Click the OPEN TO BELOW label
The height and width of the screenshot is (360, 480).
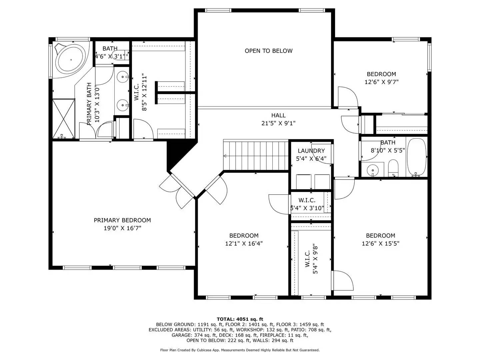point(268,51)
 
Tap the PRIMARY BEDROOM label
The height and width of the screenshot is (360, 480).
point(122,220)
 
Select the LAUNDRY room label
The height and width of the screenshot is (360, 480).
point(311,151)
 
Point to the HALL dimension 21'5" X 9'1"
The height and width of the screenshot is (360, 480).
point(278,123)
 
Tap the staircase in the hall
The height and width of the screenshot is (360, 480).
point(255,156)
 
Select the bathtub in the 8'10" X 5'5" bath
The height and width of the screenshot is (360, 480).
point(416,157)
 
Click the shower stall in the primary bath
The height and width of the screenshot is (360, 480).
point(63,118)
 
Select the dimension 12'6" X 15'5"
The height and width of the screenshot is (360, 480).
point(380,244)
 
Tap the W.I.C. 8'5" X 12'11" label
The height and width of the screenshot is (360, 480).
point(140,92)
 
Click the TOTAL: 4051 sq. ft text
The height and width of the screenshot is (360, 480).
point(240,319)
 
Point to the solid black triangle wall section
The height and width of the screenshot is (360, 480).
point(175,153)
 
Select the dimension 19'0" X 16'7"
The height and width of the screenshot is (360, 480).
point(122,228)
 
